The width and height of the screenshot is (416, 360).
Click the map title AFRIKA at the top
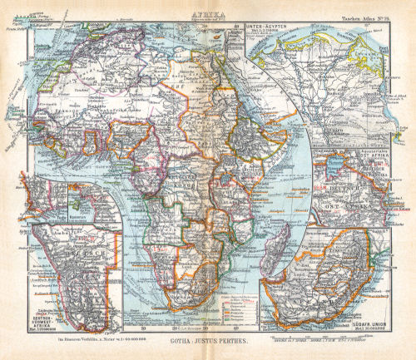(x=208, y=13)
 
